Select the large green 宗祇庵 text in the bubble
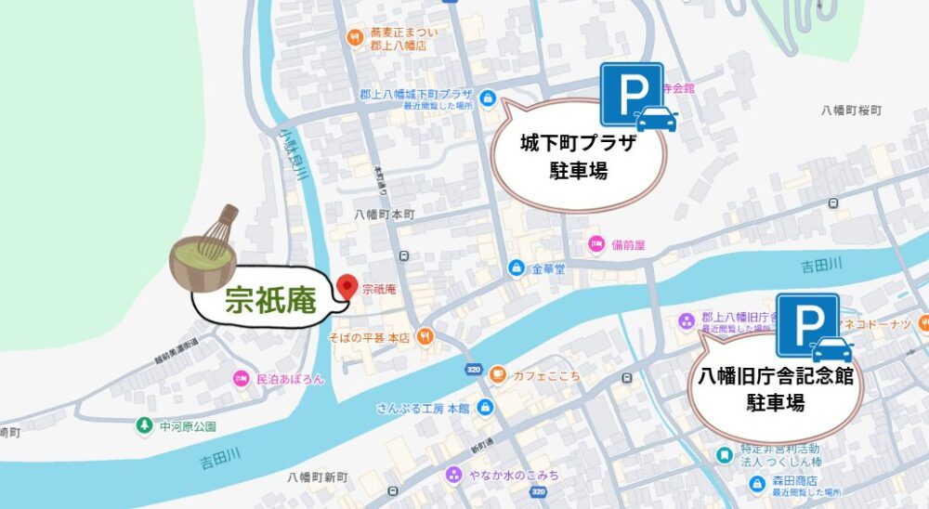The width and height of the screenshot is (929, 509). point(270,300)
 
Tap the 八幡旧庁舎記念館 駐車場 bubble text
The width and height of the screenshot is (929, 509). point(777,390)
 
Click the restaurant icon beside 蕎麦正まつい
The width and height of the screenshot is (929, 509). point(354,38)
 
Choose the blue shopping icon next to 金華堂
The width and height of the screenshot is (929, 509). point(517,268)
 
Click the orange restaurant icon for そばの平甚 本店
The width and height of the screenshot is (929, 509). point(425,336)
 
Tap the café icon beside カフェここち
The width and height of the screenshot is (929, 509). point(498,374)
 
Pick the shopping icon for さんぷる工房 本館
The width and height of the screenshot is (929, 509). point(485,407)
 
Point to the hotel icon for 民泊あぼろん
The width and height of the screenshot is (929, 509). point(241,379)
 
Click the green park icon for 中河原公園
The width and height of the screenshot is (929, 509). point(143,426)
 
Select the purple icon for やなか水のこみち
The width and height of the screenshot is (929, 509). point(453,475)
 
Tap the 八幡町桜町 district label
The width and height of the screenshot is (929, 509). point(850,110)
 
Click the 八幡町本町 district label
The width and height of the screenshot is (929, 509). point(384,213)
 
